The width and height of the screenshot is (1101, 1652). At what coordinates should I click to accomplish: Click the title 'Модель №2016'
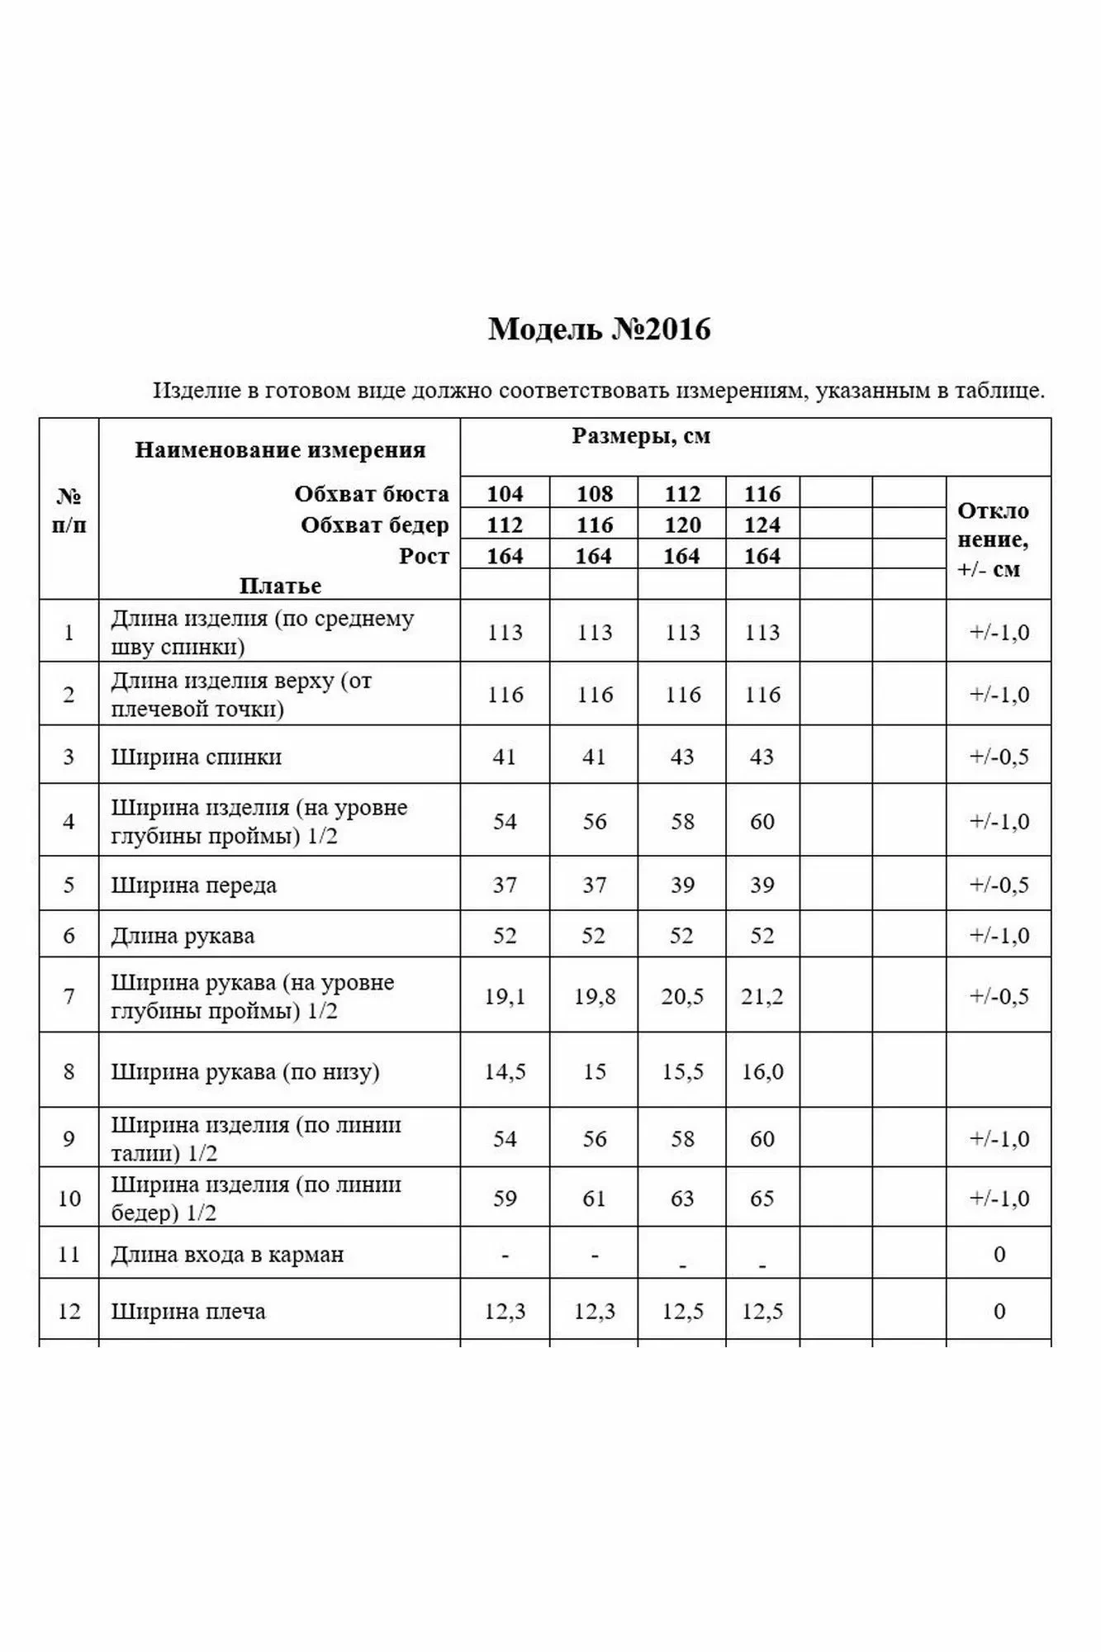tap(599, 330)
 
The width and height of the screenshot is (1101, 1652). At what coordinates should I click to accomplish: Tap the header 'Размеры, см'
tap(641, 436)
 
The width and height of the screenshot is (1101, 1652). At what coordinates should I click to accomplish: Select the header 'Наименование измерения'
tap(280, 450)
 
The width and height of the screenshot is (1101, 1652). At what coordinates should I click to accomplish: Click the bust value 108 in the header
tap(594, 494)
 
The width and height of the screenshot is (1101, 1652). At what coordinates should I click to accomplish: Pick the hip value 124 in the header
tap(762, 525)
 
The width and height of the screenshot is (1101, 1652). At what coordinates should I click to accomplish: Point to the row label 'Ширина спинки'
tap(197, 757)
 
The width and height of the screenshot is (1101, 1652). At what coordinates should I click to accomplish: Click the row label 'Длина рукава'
tap(183, 936)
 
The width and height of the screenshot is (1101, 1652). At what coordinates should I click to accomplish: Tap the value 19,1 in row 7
tap(505, 996)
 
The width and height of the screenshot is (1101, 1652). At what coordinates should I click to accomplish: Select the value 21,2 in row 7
tap(762, 996)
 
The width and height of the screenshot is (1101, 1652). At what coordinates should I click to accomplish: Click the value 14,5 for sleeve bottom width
tap(505, 1071)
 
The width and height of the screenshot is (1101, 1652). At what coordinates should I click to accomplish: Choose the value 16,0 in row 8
tap(762, 1071)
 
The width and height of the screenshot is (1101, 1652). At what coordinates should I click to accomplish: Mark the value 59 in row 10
tap(505, 1198)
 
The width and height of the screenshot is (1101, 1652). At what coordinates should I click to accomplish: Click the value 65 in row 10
tap(762, 1198)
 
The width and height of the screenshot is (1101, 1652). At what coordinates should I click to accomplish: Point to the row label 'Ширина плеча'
tap(188, 1312)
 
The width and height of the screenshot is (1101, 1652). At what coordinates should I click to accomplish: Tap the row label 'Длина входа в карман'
tap(227, 1255)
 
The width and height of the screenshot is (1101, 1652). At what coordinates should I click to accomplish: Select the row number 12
tap(69, 1312)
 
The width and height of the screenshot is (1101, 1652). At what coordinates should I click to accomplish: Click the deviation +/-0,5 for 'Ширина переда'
tap(999, 885)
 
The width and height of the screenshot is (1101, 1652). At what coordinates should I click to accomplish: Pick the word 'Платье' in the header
tap(280, 586)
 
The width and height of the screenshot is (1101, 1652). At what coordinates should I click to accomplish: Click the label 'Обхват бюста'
tap(372, 494)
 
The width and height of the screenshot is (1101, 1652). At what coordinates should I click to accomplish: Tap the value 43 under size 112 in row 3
tap(681, 757)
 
